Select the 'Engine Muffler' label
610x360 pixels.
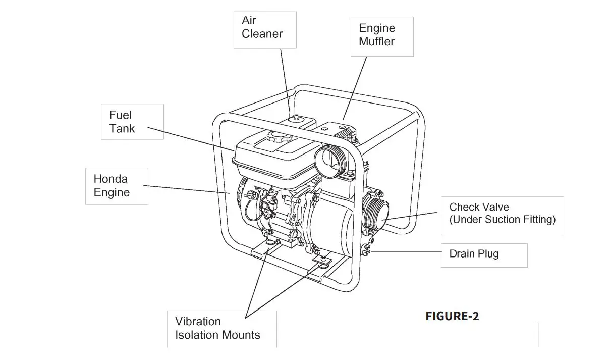click(x=381, y=35)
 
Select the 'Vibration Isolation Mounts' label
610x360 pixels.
click(x=218, y=328)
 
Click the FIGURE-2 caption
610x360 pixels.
click(x=452, y=316)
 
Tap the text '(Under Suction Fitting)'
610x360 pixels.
click(x=502, y=220)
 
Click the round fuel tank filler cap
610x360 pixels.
click(x=277, y=137)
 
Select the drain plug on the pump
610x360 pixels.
click(x=366, y=250)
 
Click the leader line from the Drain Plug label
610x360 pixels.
click(x=404, y=251)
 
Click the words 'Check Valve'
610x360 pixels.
click(x=479, y=207)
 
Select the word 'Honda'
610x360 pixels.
click(x=110, y=179)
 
